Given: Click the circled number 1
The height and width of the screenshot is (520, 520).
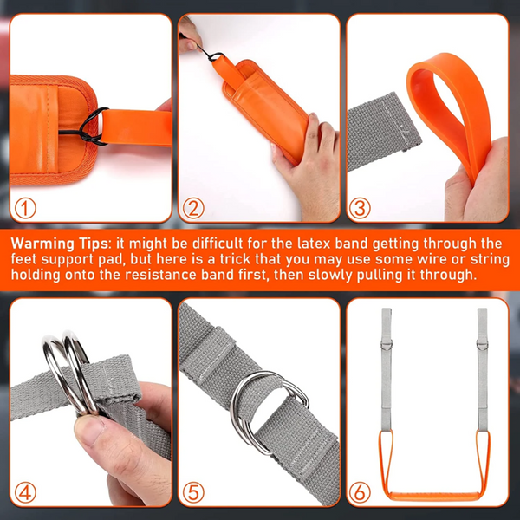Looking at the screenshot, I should tap(27, 208).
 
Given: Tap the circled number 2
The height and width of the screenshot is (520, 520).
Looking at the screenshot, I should tap(195, 208).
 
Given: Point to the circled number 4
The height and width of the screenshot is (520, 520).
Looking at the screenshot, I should tap(27, 491).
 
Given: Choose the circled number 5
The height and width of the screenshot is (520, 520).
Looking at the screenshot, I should tap(195, 491).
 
